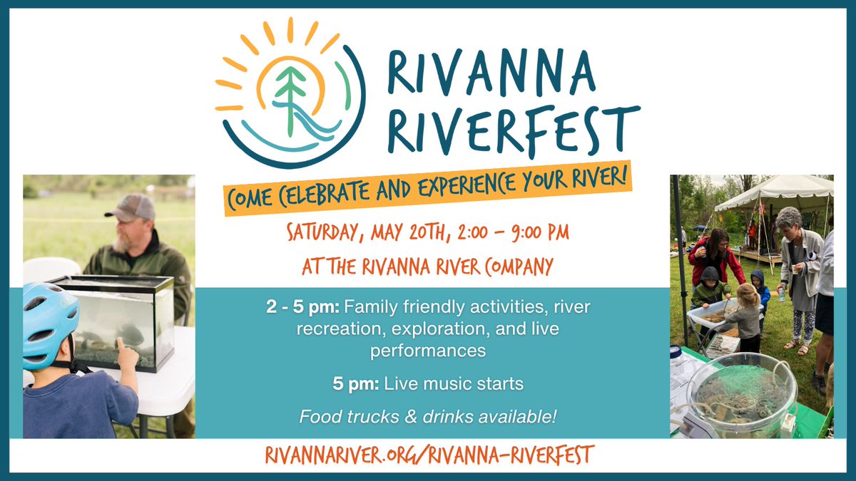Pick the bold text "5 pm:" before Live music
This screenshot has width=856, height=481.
click(x=356, y=383)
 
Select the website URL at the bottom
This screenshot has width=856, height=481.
click(x=429, y=454)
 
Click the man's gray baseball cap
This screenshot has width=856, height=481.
click(x=131, y=207)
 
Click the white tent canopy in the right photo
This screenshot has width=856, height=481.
click(x=774, y=192)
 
